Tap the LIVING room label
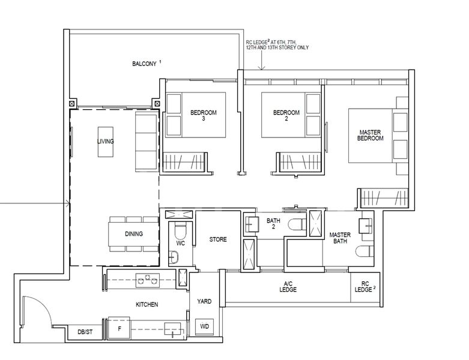[106, 142]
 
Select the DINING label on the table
[134, 234]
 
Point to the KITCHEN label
[147, 305]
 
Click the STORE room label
[218, 239]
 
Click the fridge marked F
[119, 329]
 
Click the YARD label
[204, 301]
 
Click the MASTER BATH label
[339, 239]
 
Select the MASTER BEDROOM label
[371, 135]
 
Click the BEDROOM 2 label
[286, 115]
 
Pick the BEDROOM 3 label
[204, 115]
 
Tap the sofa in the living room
[146, 141]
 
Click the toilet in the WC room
[180, 232]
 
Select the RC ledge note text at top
[277, 44]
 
